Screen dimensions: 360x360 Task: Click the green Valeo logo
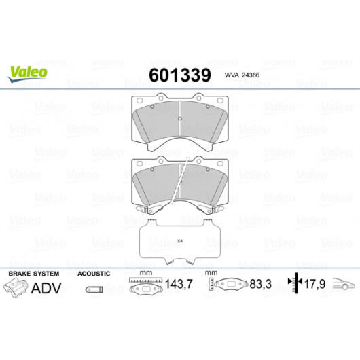[x=28, y=73]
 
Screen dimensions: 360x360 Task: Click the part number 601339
[x=180, y=75]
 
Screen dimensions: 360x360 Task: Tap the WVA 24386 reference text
[x=242, y=75]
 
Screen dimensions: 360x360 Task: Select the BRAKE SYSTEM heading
[x=34, y=274]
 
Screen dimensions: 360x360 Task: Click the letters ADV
[x=46, y=288]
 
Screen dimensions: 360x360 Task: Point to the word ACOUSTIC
[x=94, y=274]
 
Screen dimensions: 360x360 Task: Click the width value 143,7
[x=179, y=284]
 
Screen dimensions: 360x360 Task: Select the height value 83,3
[x=261, y=284]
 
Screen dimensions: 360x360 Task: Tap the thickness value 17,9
[x=314, y=284]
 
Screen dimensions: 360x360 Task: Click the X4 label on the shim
[x=180, y=241]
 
